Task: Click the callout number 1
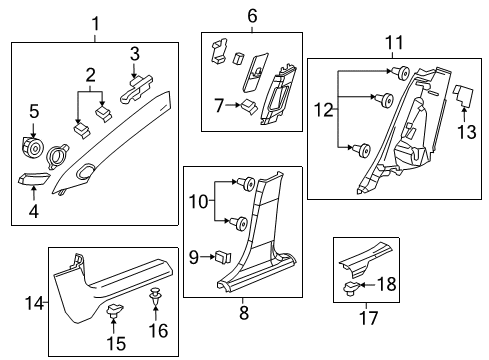pos(96,22)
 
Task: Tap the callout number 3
pos(135,53)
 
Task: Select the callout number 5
pos(33,112)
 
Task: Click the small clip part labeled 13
pos(463,95)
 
